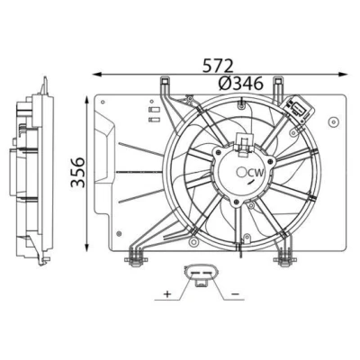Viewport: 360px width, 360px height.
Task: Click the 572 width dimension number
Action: point(218,66)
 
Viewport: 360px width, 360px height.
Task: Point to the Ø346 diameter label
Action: point(241,83)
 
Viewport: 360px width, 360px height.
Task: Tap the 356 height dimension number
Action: point(78,172)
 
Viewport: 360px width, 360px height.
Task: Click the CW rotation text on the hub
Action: point(256,173)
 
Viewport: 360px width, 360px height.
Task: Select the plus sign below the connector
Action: point(167,293)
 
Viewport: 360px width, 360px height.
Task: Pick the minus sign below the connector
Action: point(236,293)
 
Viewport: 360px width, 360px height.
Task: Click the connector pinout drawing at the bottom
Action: point(200,275)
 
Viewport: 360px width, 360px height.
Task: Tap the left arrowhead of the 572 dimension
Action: point(96,74)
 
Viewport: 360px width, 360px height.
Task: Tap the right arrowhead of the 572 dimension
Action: point(343,74)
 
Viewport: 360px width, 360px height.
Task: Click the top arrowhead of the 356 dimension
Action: point(87,100)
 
